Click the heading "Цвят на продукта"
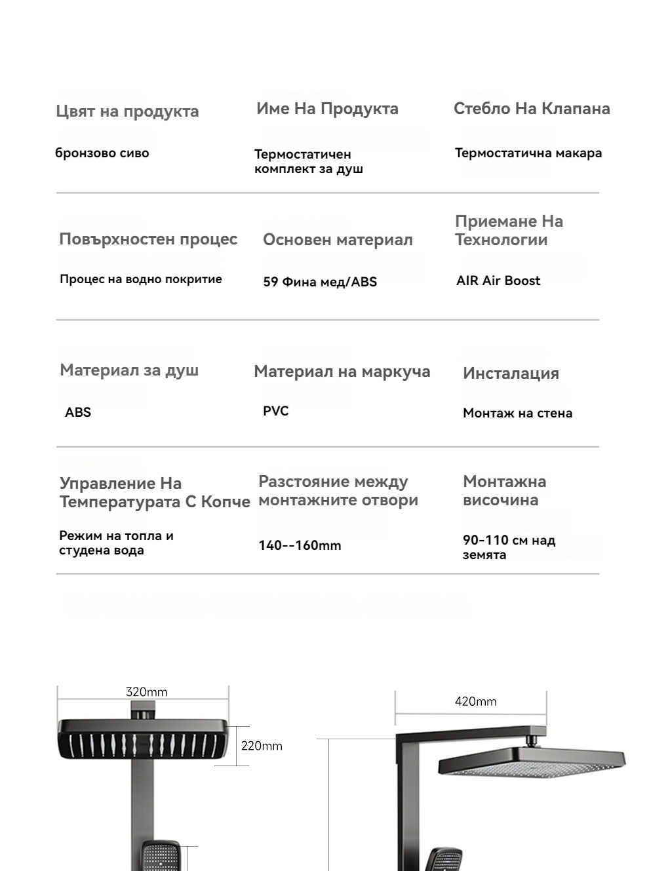pyautogui.click(x=127, y=111)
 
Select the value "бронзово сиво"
pyautogui.click(x=102, y=153)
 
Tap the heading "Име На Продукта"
pyautogui.click(x=327, y=109)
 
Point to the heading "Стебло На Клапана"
pyautogui.click(x=532, y=109)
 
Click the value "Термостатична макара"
pyautogui.click(x=528, y=153)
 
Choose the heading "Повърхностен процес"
pyautogui.click(x=148, y=239)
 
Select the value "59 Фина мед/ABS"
pyautogui.click(x=320, y=282)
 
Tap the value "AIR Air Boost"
pyautogui.click(x=498, y=281)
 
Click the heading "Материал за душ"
pyautogui.click(x=129, y=370)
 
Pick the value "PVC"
pyautogui.click(x=276, y=411)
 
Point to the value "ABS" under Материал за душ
pyautogui.click(x=78, y=412)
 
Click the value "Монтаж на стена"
pyautogui.click(x=517, y=414)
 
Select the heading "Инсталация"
pyautogui.click(x=511, y=374)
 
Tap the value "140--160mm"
pyautogui.click(x=300, y=545)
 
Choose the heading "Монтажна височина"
pyautogui.click(x=504, y=490)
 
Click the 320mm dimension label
pyautogui.click(x=146, y=692)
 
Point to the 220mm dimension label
pyautogui.click(x=262, y=746)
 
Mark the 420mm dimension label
pyautogui.click(x=475, y=701)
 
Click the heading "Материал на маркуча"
pyautogui.click(x=342, y=372)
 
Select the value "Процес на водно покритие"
pyautogui.click(x=141, y=279)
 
